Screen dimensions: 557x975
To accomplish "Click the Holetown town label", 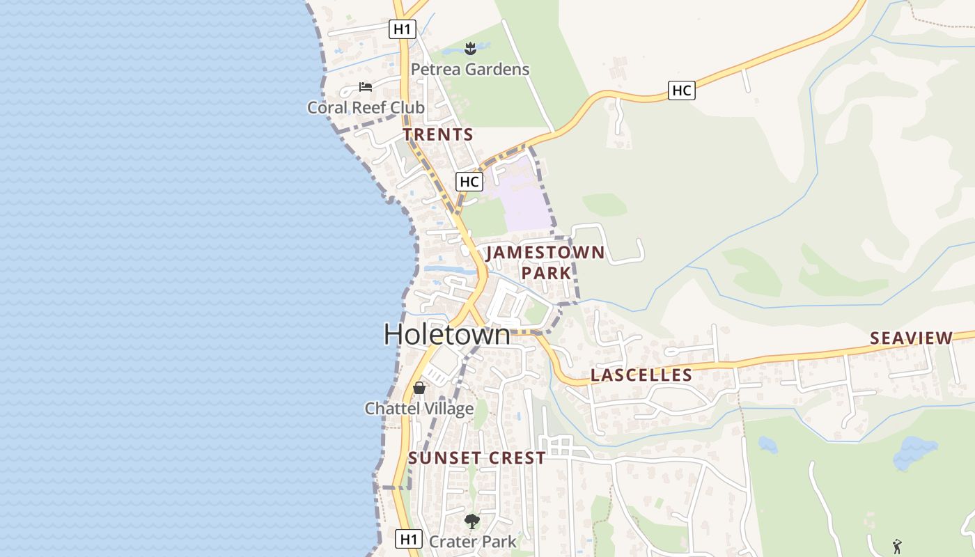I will [x=446, y=335].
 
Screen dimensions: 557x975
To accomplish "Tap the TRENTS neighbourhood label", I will [x=437, y=135].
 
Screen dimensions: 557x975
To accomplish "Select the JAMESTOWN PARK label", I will [x=545, y=262].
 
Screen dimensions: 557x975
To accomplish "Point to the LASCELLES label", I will [x=641, y=375].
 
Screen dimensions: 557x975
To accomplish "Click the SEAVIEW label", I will [x=911, y=338].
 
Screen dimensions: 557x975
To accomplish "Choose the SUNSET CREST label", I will [x=476, y=458].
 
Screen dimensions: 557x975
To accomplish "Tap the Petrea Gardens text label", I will [x=469, y=70].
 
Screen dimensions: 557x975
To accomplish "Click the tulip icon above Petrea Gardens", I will [x=470, y=48].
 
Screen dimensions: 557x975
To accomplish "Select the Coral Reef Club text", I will [x=366, y=108].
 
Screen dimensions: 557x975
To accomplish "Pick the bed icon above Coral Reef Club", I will [x=365, y=87].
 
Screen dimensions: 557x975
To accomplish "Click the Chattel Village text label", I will [x=419, y=409].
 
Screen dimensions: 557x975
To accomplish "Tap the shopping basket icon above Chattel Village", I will [x=419, y=388].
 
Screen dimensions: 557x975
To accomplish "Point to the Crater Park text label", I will [x=472, y=542].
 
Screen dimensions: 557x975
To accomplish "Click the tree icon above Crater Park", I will [x=471, y=521].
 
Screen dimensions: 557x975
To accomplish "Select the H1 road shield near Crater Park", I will [x=409, y=538].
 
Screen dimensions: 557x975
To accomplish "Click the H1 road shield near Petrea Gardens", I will [x=402, y=29].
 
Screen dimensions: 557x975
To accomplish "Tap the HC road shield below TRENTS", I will [x=469, y=182].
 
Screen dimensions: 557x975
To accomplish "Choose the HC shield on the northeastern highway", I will [x=681, y=91].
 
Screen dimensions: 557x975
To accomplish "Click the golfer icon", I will [x=897, y=547].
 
